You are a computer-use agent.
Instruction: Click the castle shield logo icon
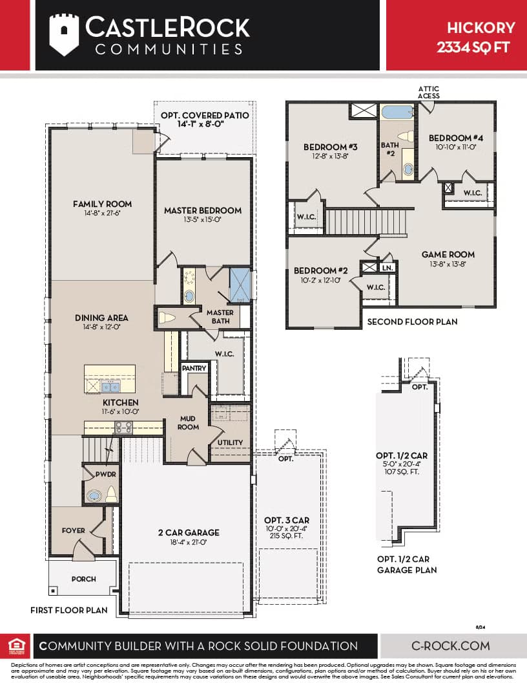pyautogui.click(x=64, y=34)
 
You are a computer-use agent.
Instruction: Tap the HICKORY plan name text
pyautogui.click(x=481, y=27)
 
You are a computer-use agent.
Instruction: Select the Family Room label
pyautogui.click(x=102, y=204)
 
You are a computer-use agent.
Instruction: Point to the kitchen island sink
pyautogui.click(x=110, y=387)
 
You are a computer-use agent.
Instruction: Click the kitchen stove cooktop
pyautogui.click(x=123, y=427)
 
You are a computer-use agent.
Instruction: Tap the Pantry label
pyautogui.click(x=194, y=368)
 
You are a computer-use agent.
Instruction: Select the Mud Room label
pyautogui.click(x=189, y=423)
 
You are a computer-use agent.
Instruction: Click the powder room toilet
pyautogui.click(x=110, y=494)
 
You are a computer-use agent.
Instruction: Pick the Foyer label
pyautogui.click(x=74, y=530)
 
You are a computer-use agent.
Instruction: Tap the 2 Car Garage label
pyautogui.click(x=189, y=532)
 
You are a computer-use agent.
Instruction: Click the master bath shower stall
pyautogui.click(x=240, y=285)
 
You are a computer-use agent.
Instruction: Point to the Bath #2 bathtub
pyautogui.click(x=397, y=112)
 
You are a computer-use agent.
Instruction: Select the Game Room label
pyautogui.click(x=448, y=254)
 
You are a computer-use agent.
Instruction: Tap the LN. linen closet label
pyautogui.click(x=387, y=267)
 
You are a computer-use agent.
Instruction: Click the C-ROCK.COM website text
pyautogui.click(x=450, y=645)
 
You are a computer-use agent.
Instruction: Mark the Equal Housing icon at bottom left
pyautogui.click(x=14, y=645)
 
